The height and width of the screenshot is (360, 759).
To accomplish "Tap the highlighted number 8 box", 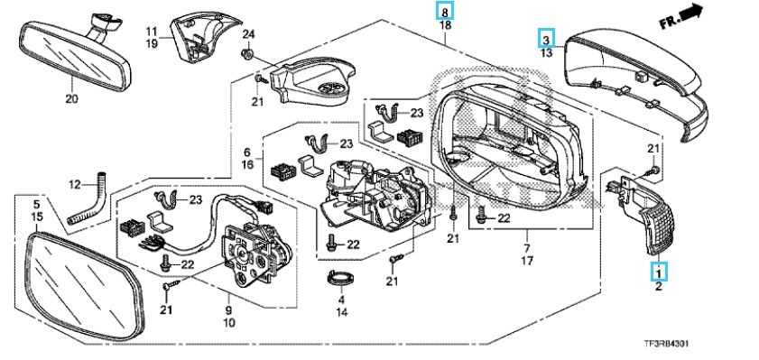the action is [x=445, y=10].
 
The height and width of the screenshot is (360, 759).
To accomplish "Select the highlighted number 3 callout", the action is [x=546, y=38].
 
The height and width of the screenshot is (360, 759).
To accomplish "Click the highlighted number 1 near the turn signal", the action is [x=658, y=272].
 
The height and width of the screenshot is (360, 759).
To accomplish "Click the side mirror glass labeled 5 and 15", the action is [x=86, y=285].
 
